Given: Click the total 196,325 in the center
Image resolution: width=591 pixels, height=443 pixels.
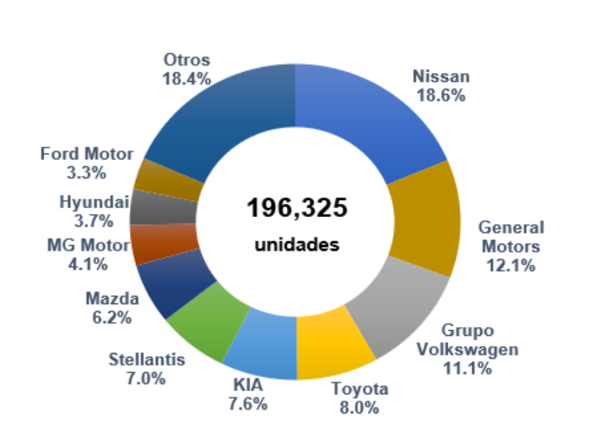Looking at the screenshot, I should coord(296,208).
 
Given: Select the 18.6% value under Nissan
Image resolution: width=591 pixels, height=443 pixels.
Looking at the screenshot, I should coord(441,95).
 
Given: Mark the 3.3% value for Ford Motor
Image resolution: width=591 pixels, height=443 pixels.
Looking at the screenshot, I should coord(87,173).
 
